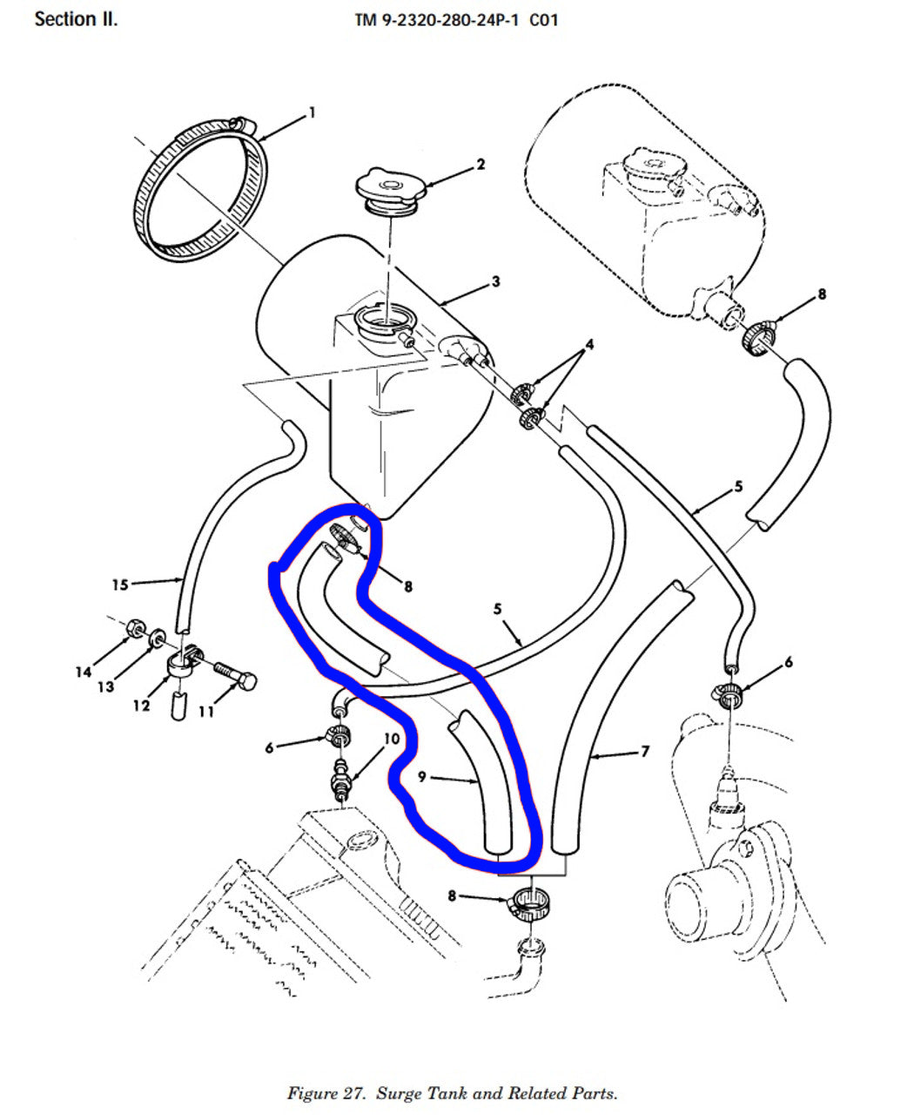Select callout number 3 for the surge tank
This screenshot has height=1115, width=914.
(x=495, y=281)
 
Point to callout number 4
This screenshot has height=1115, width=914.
(x=589, y=345)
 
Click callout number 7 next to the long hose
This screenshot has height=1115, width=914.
(x=644, y=752)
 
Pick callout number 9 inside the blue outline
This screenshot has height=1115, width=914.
(x=421, y=777)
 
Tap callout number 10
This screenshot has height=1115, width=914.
(x=391, y=739)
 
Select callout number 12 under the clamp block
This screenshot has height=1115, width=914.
(x=141, y=705)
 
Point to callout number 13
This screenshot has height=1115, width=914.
(x=105, y=687)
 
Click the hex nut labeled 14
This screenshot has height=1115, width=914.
(x=136, y=626)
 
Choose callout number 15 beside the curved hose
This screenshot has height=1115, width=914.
(x=120, y=584)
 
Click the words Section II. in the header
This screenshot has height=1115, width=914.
(x=76, y=18)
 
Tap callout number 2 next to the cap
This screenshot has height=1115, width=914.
(x=481, y=164)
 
